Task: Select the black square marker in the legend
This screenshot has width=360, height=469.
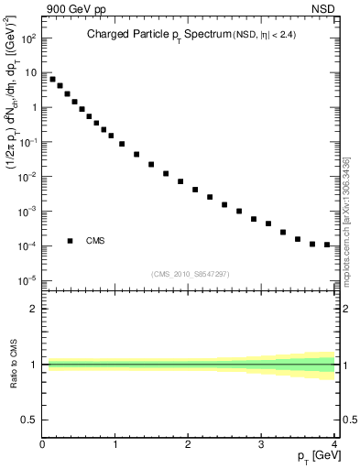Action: pos(71,241)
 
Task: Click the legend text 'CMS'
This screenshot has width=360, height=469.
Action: pos(95,241)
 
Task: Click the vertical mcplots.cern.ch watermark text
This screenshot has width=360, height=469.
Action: pos(349,220)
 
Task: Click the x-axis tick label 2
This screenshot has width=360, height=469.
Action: pos(188,445)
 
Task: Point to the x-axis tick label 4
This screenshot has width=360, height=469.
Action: pos(333,445)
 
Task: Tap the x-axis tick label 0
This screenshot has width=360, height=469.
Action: pos(43,445)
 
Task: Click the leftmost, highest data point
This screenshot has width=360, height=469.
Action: pos(52,79)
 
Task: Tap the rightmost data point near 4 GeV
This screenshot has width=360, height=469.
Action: pos(327,245)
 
